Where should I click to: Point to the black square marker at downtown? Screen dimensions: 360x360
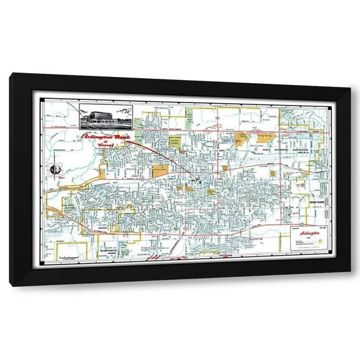pos(196,180)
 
